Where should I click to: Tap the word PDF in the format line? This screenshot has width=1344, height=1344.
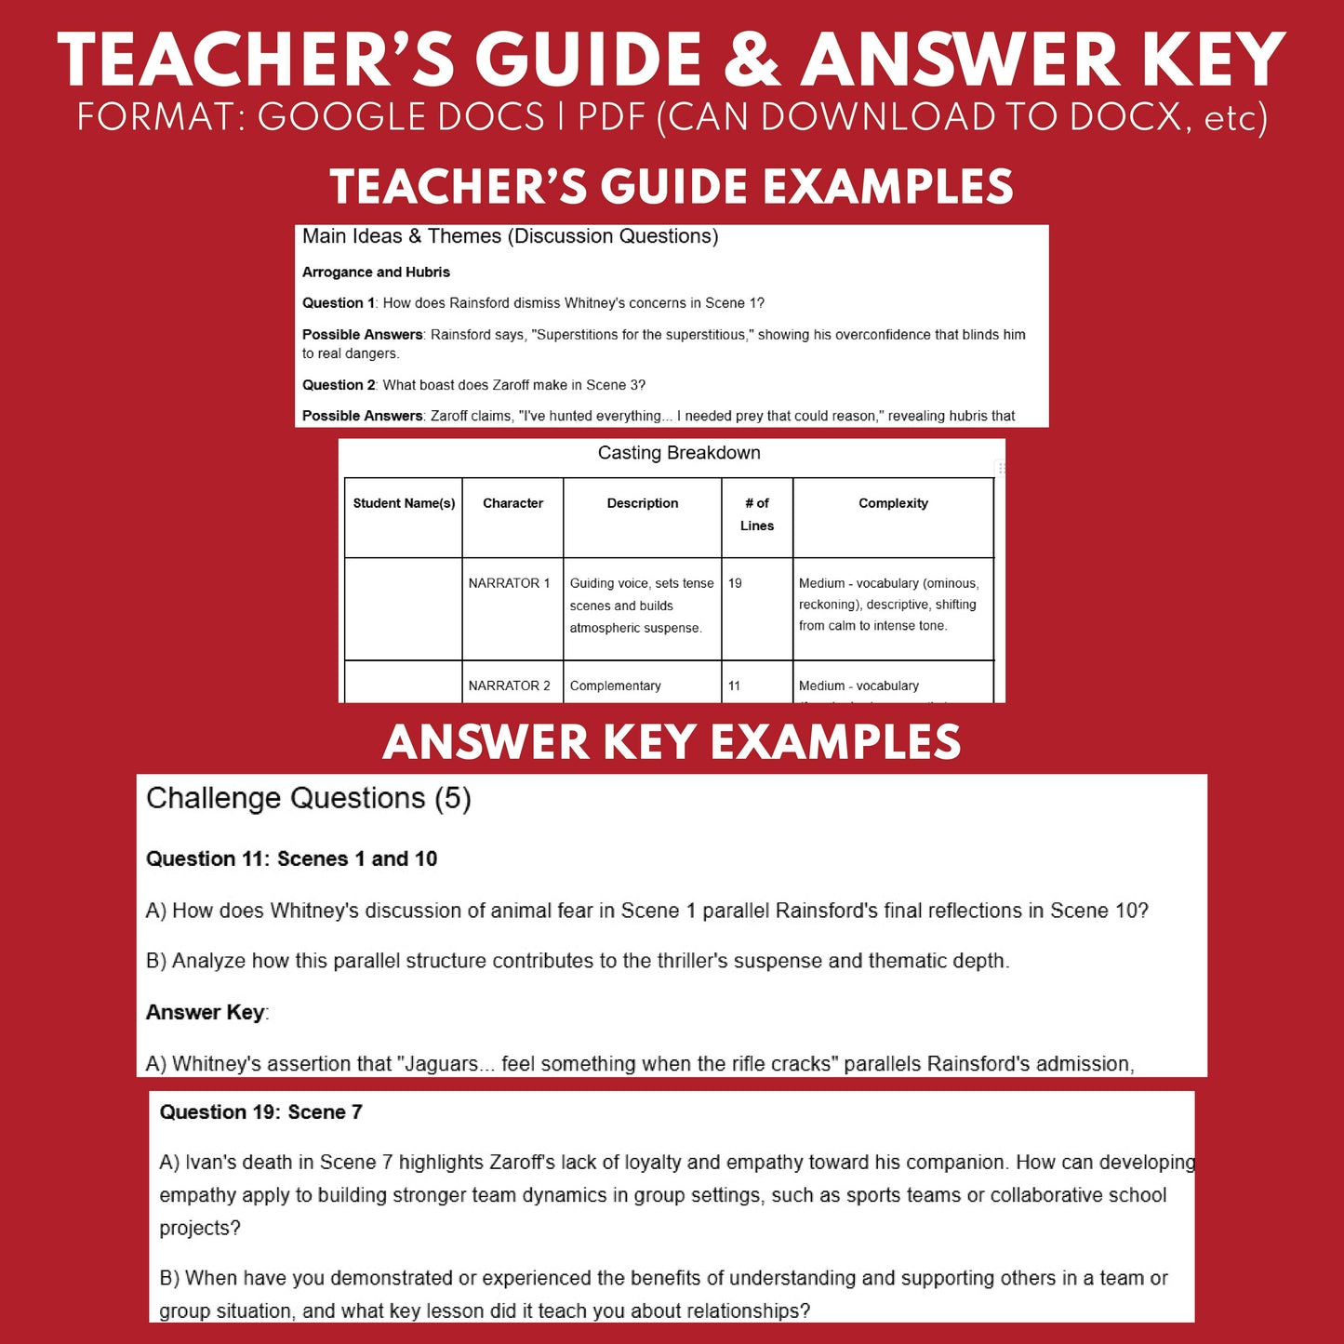611,118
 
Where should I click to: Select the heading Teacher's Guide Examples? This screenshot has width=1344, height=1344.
672,186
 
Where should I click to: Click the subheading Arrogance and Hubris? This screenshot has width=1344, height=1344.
376,273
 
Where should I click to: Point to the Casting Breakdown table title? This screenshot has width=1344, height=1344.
679,453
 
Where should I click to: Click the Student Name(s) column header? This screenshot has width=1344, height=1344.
404,503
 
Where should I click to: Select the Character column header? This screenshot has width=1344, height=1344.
512,503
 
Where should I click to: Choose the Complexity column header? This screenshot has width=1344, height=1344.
893,503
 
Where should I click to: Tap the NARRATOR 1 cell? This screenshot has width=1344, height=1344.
509,583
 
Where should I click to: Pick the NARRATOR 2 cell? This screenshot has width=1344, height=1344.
509,685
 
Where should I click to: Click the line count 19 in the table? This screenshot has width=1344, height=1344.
735,583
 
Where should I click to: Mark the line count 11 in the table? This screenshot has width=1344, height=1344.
734,685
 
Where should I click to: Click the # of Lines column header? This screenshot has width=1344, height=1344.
757,514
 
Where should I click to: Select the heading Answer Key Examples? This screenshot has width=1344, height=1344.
672,742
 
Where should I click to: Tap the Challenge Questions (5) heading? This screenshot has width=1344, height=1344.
309,798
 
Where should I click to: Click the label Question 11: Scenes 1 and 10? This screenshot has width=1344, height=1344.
291,858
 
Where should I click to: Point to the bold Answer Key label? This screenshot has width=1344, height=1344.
206,1012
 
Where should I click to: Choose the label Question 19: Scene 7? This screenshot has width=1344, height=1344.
260,1112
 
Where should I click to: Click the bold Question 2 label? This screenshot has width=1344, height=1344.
339,385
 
